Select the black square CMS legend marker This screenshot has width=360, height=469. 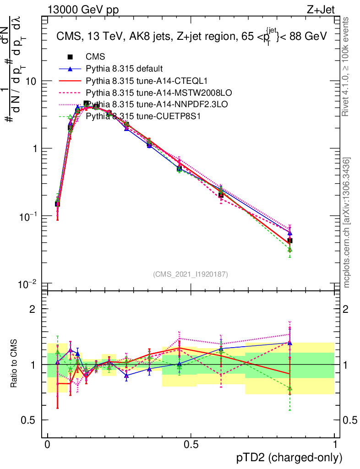[71, 57]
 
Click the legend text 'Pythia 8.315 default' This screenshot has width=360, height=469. [124, 69]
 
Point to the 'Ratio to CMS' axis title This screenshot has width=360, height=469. [15, 364]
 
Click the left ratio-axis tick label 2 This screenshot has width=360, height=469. [32, 309]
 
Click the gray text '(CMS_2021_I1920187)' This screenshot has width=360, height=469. [191, 274]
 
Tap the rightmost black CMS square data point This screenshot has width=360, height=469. [289, 240]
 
